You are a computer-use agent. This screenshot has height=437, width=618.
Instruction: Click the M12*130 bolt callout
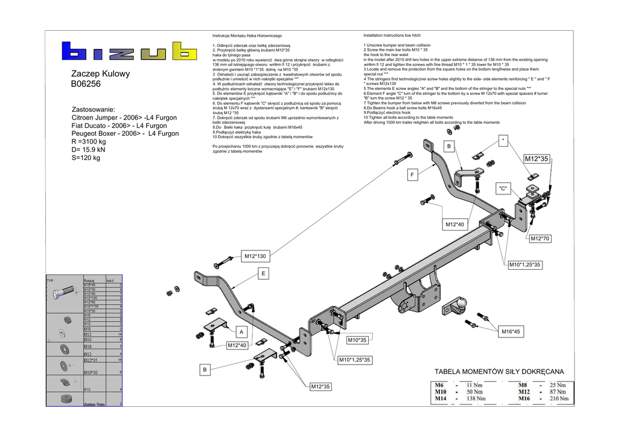click(255, 257)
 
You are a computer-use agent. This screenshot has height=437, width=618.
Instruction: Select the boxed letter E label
click(263, 274)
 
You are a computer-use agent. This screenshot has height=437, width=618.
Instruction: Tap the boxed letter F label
click(413, 175)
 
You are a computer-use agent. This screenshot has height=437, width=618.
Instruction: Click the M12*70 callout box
click(540, 238)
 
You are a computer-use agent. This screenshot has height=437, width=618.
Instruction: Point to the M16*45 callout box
click(510, 331)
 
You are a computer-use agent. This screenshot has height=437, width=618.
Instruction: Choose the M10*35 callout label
click(357, 340)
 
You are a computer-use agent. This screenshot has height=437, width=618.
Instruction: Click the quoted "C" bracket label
click(504, 189)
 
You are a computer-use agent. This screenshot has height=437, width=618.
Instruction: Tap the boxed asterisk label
click(504, 140)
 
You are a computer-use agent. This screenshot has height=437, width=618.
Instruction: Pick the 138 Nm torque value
click(477, 398)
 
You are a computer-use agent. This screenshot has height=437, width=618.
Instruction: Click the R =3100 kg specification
click(89, 142)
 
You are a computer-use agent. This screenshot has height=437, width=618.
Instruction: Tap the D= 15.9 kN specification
click(88, 150)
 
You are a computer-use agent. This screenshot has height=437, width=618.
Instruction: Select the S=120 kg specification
click(86, 158)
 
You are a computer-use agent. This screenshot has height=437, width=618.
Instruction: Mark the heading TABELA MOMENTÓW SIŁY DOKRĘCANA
click(499, 372)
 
